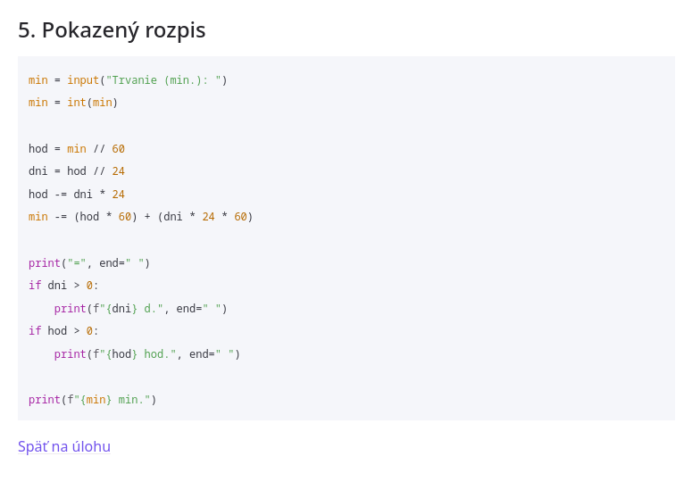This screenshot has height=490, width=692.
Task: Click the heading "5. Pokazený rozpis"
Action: click(112, 29)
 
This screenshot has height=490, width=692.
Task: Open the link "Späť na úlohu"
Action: click(64, 446)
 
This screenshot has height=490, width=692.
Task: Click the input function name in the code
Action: click(83, 80)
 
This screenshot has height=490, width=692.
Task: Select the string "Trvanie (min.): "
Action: click(163, 80)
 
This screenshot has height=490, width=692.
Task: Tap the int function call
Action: click(76, 103)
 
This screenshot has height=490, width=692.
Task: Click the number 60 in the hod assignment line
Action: click(119, 149)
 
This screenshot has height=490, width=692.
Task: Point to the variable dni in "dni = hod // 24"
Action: click(38, 171)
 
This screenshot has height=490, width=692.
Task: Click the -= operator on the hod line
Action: click(61, 195)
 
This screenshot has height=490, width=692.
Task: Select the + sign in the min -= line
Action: click(147, 217)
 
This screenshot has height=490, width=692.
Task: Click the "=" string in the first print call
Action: click(77, 263)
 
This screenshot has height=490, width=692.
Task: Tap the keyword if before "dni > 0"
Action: click(35, 286)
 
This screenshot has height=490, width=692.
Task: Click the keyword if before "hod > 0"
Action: click(35, 331)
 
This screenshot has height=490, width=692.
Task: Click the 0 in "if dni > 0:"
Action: click(89, 286)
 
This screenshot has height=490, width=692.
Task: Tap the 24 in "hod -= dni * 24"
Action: click(119, 195)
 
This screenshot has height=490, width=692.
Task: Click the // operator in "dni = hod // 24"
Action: click(99, 171)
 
